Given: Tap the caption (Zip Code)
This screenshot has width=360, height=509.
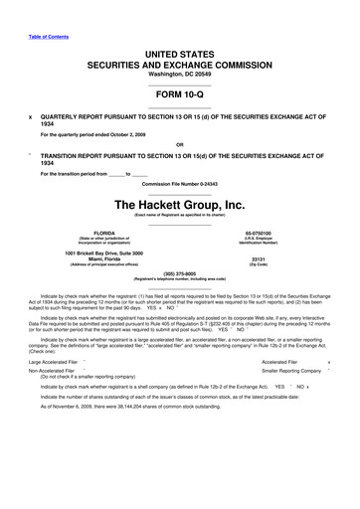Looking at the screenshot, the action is (285, 271).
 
